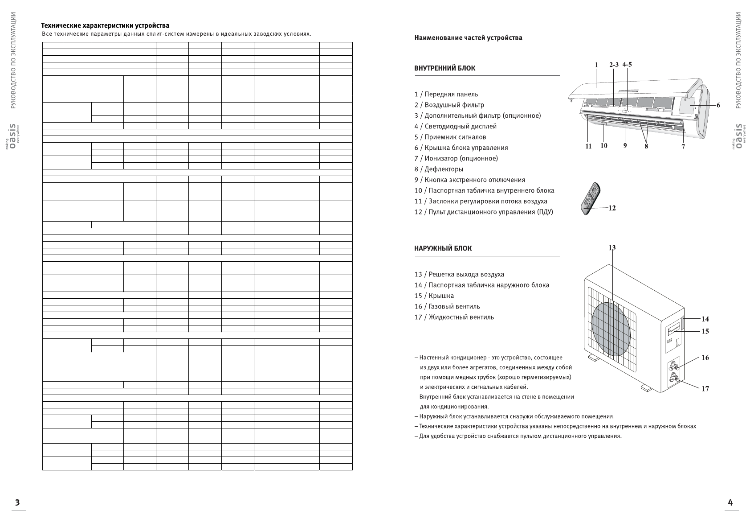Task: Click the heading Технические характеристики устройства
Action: pos(105,25)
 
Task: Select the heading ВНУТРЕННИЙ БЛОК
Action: pos(444,68)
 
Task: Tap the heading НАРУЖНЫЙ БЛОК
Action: pos(443,248)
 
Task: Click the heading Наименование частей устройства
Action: pos(468,38)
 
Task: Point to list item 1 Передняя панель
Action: pos(446,94)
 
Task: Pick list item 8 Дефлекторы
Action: pos(439,169)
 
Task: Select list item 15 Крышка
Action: pos(434,296)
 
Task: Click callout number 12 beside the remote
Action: pos(612,208)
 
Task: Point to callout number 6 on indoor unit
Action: pos(718,105)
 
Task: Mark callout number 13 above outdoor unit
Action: pos(612,247)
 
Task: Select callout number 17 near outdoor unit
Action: pos(705,388)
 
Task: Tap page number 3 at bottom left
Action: pos(17,502)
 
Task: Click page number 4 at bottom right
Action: pos(730,502)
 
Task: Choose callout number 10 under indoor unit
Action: pos(604,145)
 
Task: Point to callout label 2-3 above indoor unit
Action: pos(614,65)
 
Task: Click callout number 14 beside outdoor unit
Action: pos(705,319)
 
